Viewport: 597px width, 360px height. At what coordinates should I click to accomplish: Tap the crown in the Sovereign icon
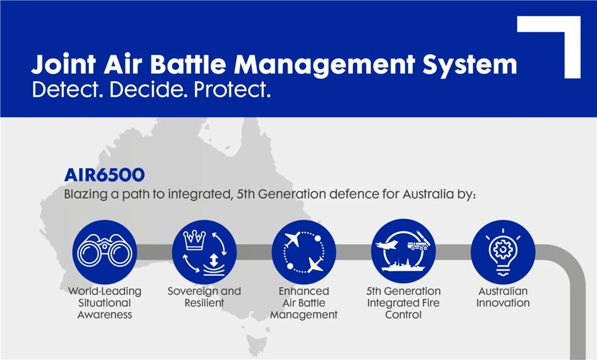point(195,240)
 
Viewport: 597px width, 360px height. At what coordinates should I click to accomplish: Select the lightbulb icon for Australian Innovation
point(503,253)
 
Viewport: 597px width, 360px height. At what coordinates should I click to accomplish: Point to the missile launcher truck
point(418,241)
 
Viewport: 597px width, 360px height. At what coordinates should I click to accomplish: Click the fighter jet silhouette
point(387,245)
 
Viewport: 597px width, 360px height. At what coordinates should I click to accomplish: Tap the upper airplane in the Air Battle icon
point(293,239)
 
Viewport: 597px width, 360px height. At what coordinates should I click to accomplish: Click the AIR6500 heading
point(104,175)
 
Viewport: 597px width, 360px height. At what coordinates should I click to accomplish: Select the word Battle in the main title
point(189,64)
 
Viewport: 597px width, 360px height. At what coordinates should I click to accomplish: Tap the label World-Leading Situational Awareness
point(104,303)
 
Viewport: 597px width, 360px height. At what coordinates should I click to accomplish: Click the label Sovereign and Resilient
point(204,297)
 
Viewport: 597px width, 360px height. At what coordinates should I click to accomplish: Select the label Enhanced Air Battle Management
point(304,303)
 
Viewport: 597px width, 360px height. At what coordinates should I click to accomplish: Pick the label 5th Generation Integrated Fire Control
point(403,303)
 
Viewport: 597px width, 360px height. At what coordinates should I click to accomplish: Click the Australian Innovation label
point(503,297)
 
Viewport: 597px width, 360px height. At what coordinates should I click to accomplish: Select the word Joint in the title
point(64,64)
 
